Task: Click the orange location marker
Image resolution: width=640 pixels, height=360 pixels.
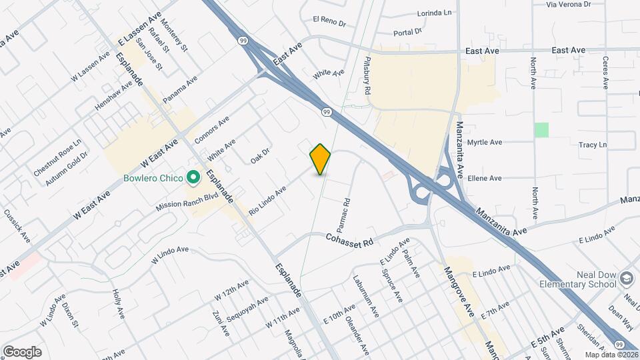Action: point(321,159)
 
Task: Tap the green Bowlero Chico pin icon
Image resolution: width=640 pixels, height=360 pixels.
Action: point(193,177)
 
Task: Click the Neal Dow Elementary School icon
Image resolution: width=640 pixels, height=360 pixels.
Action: point(626,277)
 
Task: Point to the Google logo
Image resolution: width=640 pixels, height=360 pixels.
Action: point(21,352)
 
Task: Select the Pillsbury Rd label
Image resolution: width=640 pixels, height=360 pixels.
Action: point(367,75)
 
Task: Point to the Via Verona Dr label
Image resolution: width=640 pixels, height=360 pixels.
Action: point(569,4)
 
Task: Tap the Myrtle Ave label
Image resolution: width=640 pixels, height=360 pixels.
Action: point(485,142)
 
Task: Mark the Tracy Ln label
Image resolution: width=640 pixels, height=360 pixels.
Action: point(593,145)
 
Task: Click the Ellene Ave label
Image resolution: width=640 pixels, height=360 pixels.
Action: point(485,178)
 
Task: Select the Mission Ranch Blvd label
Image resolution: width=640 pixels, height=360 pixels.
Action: point(187,202)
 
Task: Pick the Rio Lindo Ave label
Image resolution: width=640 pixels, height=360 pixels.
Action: point(267,200)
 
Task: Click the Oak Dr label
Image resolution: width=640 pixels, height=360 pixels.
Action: point(260,156)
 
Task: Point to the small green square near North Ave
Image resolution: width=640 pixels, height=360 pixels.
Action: point(541,129)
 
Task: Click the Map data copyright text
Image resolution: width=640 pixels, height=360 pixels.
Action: point(610,354)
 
